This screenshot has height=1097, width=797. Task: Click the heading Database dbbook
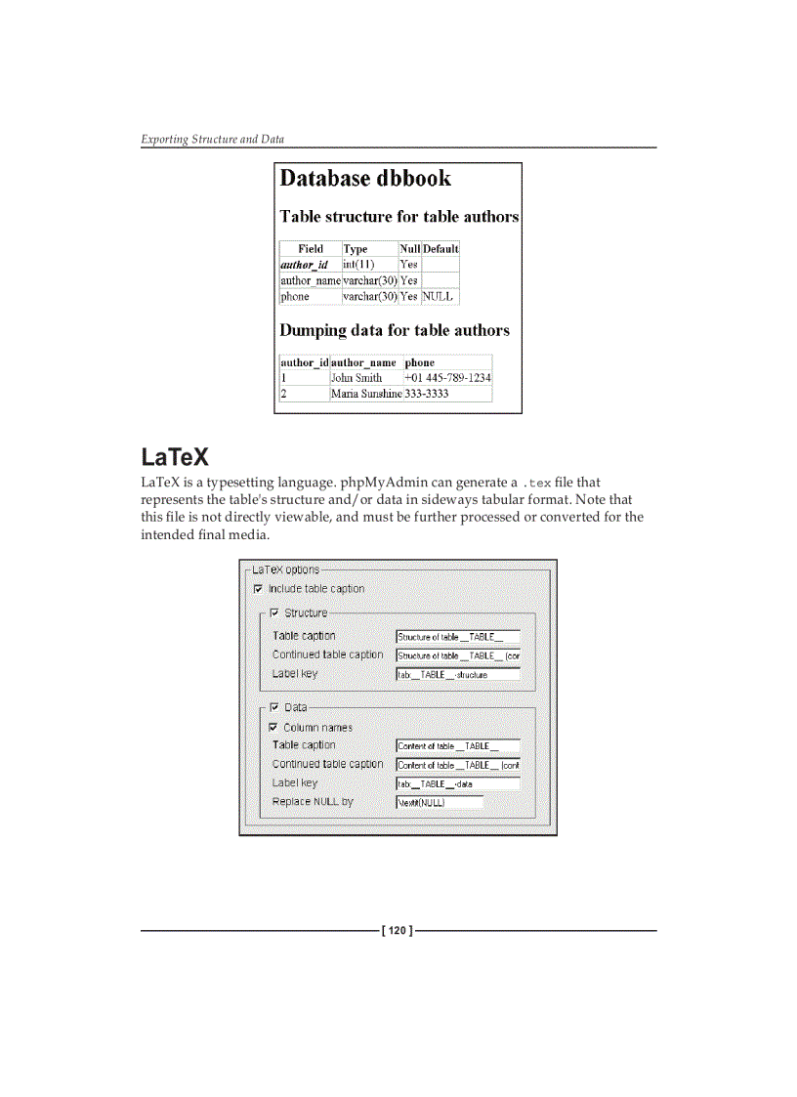[365, 179]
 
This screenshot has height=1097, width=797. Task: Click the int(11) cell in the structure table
[358, 265]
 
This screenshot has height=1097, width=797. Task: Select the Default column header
[440, 249]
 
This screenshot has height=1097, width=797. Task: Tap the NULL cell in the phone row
[437, 296]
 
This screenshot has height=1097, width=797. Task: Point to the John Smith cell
[357, 378]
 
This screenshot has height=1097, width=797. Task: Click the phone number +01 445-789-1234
[447, 378]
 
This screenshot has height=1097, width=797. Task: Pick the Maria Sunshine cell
[366, 394]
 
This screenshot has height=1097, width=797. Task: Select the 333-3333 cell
[427, 394]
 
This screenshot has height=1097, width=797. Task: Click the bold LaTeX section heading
[175, 457]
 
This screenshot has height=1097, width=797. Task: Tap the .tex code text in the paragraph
[537, 483]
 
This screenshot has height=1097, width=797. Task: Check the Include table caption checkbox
[258, 589]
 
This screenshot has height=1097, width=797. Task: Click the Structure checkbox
[274, 613]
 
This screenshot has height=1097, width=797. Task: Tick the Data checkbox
[274, 707]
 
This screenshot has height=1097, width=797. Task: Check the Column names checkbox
[273, 728]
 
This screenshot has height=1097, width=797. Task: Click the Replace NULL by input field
[440, 802]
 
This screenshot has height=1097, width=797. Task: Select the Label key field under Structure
[457, 674]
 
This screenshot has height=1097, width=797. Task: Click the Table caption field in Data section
[457, 745]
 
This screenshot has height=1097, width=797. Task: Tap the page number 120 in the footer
[398, 931]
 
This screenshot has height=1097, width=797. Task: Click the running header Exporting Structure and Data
[213, 139]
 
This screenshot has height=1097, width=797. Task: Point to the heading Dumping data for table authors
[395, 330]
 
